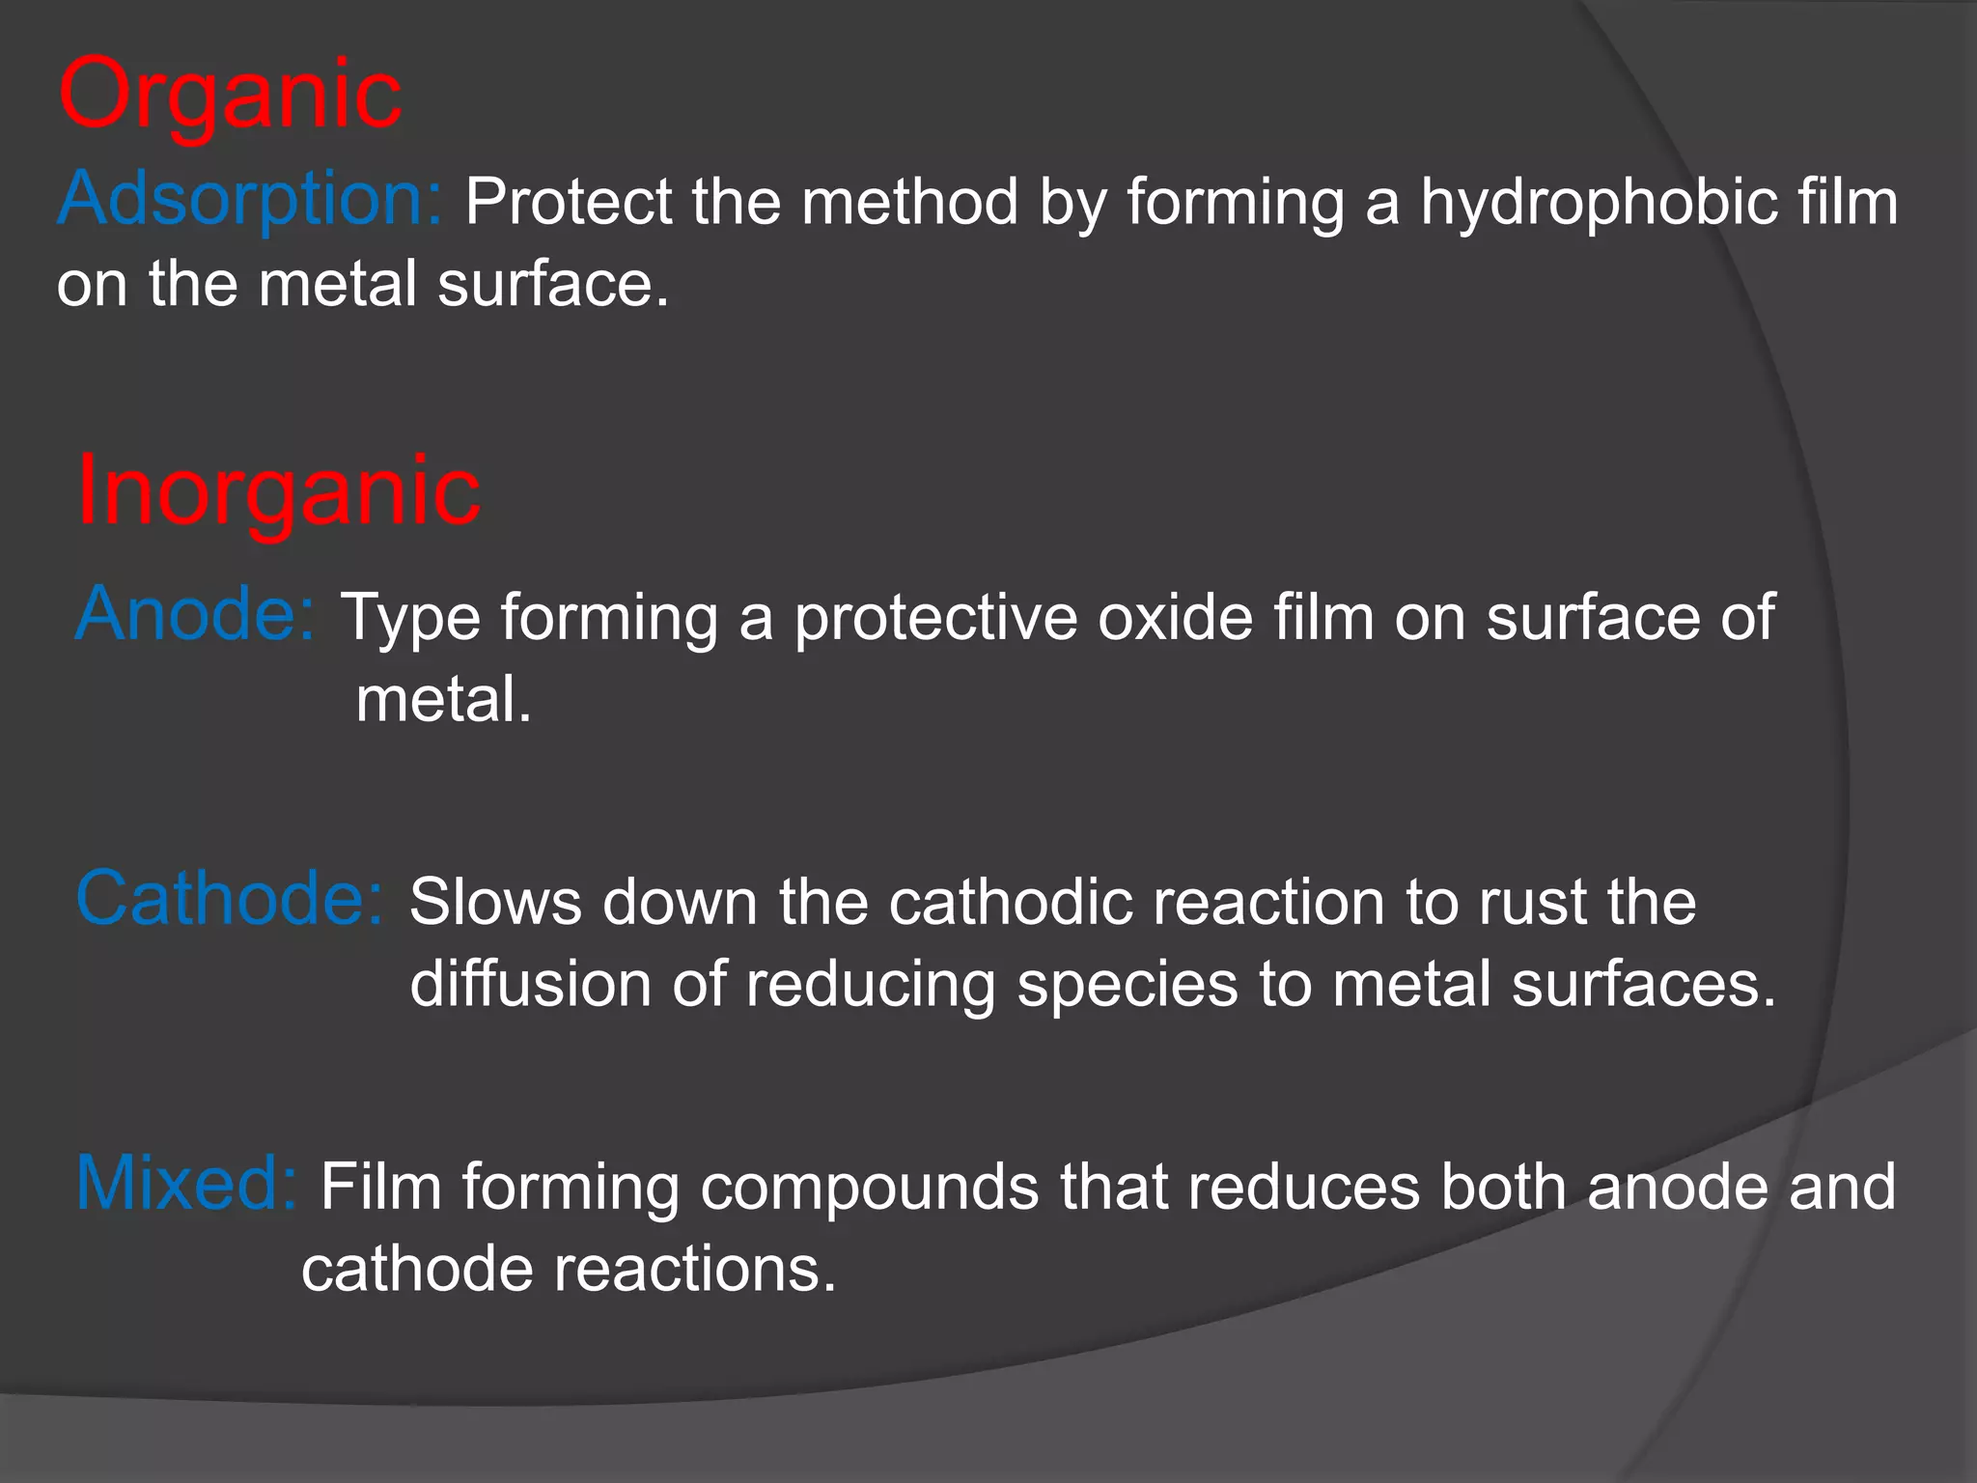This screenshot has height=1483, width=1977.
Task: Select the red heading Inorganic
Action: coord(278,492)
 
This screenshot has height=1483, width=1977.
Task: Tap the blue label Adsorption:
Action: coord(250,198)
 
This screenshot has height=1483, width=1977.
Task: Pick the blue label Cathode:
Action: coord(230,899)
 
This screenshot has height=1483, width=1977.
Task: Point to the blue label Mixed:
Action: coord(186,1184)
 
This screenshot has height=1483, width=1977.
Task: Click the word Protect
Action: coord(569,203)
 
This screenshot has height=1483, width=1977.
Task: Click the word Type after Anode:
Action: coord(410,618)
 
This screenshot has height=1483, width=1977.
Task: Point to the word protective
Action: coord(935,618)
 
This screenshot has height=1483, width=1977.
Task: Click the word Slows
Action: coord(495,903)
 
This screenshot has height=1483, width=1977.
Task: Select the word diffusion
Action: coord(530,985)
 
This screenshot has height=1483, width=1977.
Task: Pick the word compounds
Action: coord(869,1188)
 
